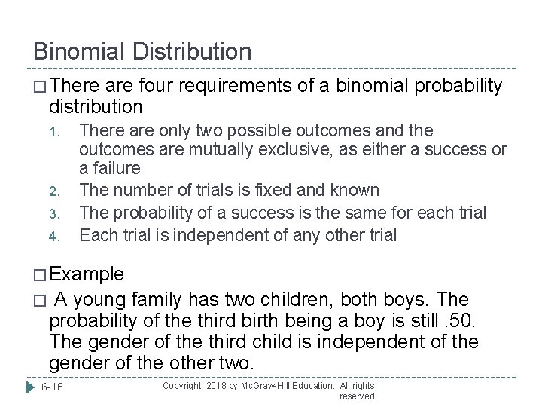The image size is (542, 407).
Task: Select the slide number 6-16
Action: pyautogui.click(x=53, y=387)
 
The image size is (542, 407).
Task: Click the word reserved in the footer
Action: pyautogui.click(x=358, y=396)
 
